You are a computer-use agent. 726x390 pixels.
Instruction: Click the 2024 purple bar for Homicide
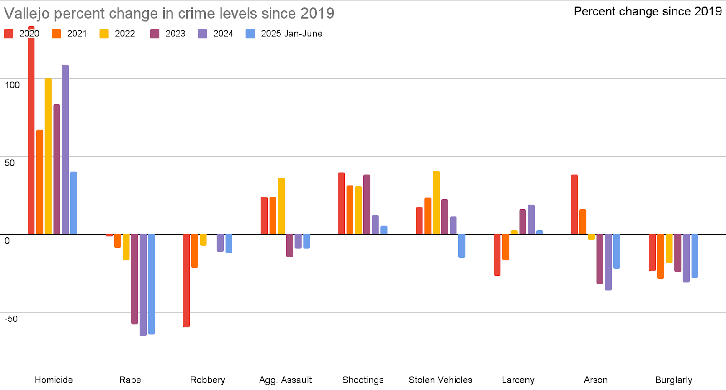click(65, 150)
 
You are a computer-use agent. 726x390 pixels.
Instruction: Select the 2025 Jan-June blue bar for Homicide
click(74, 203)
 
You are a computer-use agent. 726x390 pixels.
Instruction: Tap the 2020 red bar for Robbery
click(186, 281)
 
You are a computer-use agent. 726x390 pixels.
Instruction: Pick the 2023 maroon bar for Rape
click(134, 279)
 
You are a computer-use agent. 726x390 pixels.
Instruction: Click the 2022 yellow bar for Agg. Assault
click(281, 206)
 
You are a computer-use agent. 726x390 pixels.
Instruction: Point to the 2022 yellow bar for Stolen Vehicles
click(436, 202)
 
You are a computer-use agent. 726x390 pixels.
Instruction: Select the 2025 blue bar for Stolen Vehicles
click(461, 246)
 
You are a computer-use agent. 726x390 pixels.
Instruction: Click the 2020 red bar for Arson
click(574, 204)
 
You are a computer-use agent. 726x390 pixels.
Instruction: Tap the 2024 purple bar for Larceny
click(531, 220)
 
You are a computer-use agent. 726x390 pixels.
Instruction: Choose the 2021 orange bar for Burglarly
click(661, 256)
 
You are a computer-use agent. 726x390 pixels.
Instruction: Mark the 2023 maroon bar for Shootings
click(367, 204)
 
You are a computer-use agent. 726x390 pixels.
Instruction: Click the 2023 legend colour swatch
click(155, 34)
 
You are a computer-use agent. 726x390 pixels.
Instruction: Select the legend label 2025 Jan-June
click(291, 34)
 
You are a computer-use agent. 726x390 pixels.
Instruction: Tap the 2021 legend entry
click(76, 34)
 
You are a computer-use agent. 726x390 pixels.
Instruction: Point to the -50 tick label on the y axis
click(11, 319)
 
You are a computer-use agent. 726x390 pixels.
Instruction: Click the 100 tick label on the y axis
click(12, 85)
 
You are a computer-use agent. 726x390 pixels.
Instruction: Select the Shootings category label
click(363, 380)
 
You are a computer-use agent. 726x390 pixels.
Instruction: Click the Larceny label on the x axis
click(518, 380)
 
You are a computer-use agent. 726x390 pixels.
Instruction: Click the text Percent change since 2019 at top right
click(648, 11)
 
